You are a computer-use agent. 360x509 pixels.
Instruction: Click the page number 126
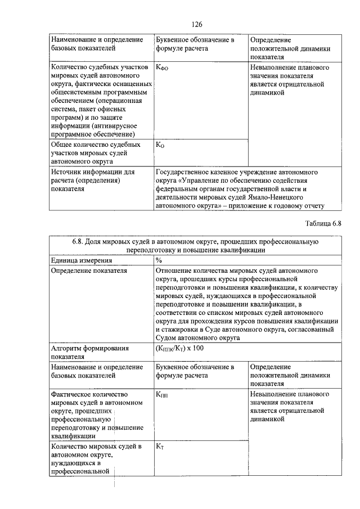pos(196,24)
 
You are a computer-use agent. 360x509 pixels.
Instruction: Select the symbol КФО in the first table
pos(162,67)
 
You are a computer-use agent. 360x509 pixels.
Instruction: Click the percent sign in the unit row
pos(159,260)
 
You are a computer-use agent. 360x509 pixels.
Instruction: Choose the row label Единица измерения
pos(81,260)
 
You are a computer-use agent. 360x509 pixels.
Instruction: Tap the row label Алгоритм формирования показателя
pos(90,352)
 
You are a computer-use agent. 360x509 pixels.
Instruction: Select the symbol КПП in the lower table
pos(162,395)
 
